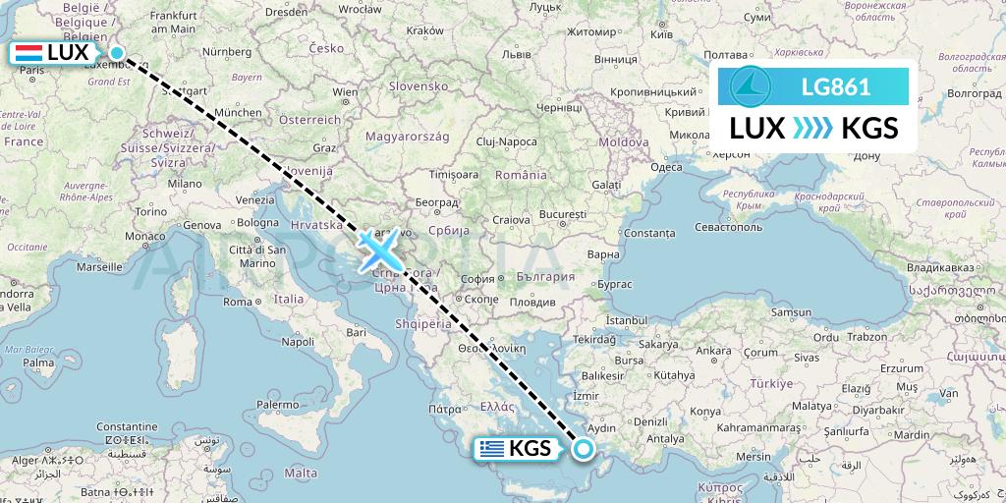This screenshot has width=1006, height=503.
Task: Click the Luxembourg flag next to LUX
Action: (28, 53)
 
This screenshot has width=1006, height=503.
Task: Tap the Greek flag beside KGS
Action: (492, 449)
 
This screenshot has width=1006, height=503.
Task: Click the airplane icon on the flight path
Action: (379, 250)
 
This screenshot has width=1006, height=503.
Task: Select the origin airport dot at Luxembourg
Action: (117, 54)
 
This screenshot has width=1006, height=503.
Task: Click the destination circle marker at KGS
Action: (585, 450)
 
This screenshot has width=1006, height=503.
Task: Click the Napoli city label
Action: (297, 342)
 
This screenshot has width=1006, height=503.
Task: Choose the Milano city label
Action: (184, 183)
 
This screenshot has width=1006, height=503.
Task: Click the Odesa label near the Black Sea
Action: (666, 166)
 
